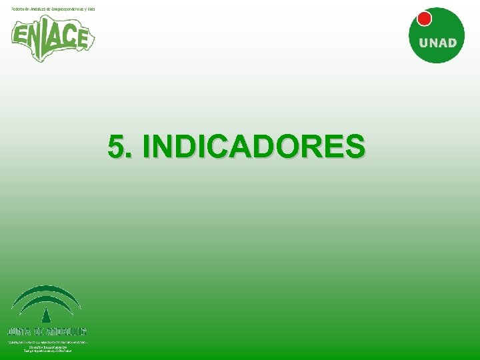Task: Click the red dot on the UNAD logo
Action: click(423, 19)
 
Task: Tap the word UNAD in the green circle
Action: click(438, 43)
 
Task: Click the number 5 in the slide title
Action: click(117, 147)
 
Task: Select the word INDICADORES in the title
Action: click(254, 147)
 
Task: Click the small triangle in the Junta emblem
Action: click(46, 316)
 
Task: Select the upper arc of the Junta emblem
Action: click(46, 290)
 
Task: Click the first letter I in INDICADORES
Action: click(147, 147)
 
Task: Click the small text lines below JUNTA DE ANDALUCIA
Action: click(46, 345)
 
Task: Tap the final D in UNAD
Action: click(452, 43)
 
